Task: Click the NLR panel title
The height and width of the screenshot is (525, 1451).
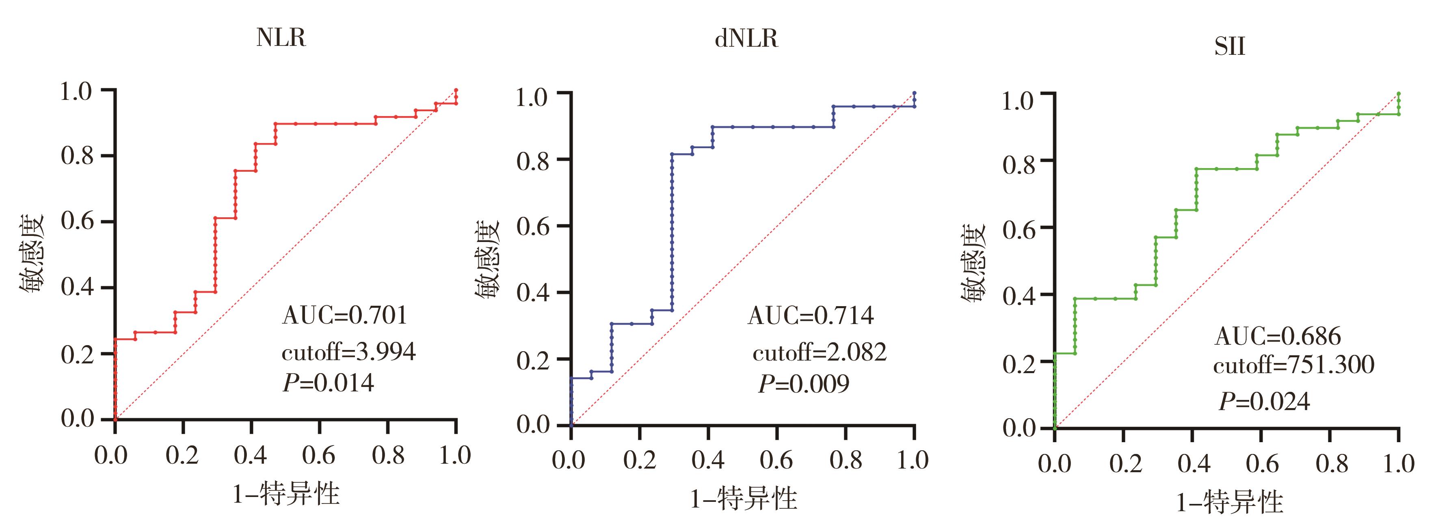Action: pyautogui.click(x=281, y=38)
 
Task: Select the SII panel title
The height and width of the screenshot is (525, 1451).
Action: pyautogui.click(x=1230, y=46)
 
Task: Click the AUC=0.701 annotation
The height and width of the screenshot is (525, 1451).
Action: pyautogui.click(x=344, y=315)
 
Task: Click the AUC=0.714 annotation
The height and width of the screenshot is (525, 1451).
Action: pyautogui.click(x=811, y=315)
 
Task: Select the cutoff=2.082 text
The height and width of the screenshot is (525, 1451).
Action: pyautogui.click(x=820, y=352)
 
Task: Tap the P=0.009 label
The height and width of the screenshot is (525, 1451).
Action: pyautogui.click(x=804, y=384)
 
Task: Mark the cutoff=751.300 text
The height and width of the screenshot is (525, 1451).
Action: pyautogui.click(x=1294, y=365)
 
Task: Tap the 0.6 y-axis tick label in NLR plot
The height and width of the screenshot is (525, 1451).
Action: pyautogui.click(x=77, y=221)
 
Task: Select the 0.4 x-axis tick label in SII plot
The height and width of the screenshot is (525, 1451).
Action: pyautogui.click(x=1194, y=464)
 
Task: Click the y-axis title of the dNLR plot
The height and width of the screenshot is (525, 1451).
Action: pyautogui.click(x=488, y=259)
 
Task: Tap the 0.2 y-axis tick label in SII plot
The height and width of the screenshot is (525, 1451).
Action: pyautogui.click(x=1019, y=364)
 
